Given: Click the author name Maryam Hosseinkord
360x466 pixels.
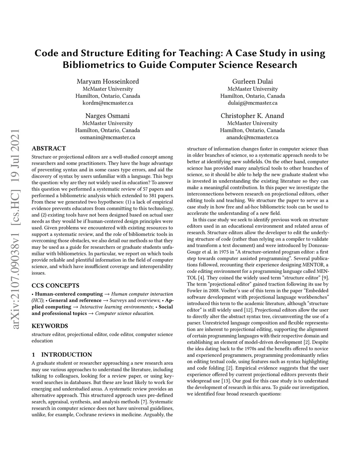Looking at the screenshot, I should click(108, 81).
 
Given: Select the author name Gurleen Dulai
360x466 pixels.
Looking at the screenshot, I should click(252, 81).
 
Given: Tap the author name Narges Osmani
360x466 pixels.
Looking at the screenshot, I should click(108, 116).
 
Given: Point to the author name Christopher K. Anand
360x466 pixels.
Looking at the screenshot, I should click(252, 116).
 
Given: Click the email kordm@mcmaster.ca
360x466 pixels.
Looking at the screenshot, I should click(108, 103).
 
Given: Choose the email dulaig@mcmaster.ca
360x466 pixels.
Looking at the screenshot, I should click(252, 103).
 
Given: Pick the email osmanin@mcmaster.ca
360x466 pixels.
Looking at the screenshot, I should click(108, 138).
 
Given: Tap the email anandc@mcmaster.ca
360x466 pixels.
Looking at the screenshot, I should click(252, 138).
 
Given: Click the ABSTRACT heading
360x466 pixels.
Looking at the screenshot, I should click(49, 148).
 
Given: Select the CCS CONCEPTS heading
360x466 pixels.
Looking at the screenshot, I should click(56, 286).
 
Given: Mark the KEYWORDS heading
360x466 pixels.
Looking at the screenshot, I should click(50, 326).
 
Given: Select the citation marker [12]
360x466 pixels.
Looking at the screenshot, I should click(248, 310).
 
